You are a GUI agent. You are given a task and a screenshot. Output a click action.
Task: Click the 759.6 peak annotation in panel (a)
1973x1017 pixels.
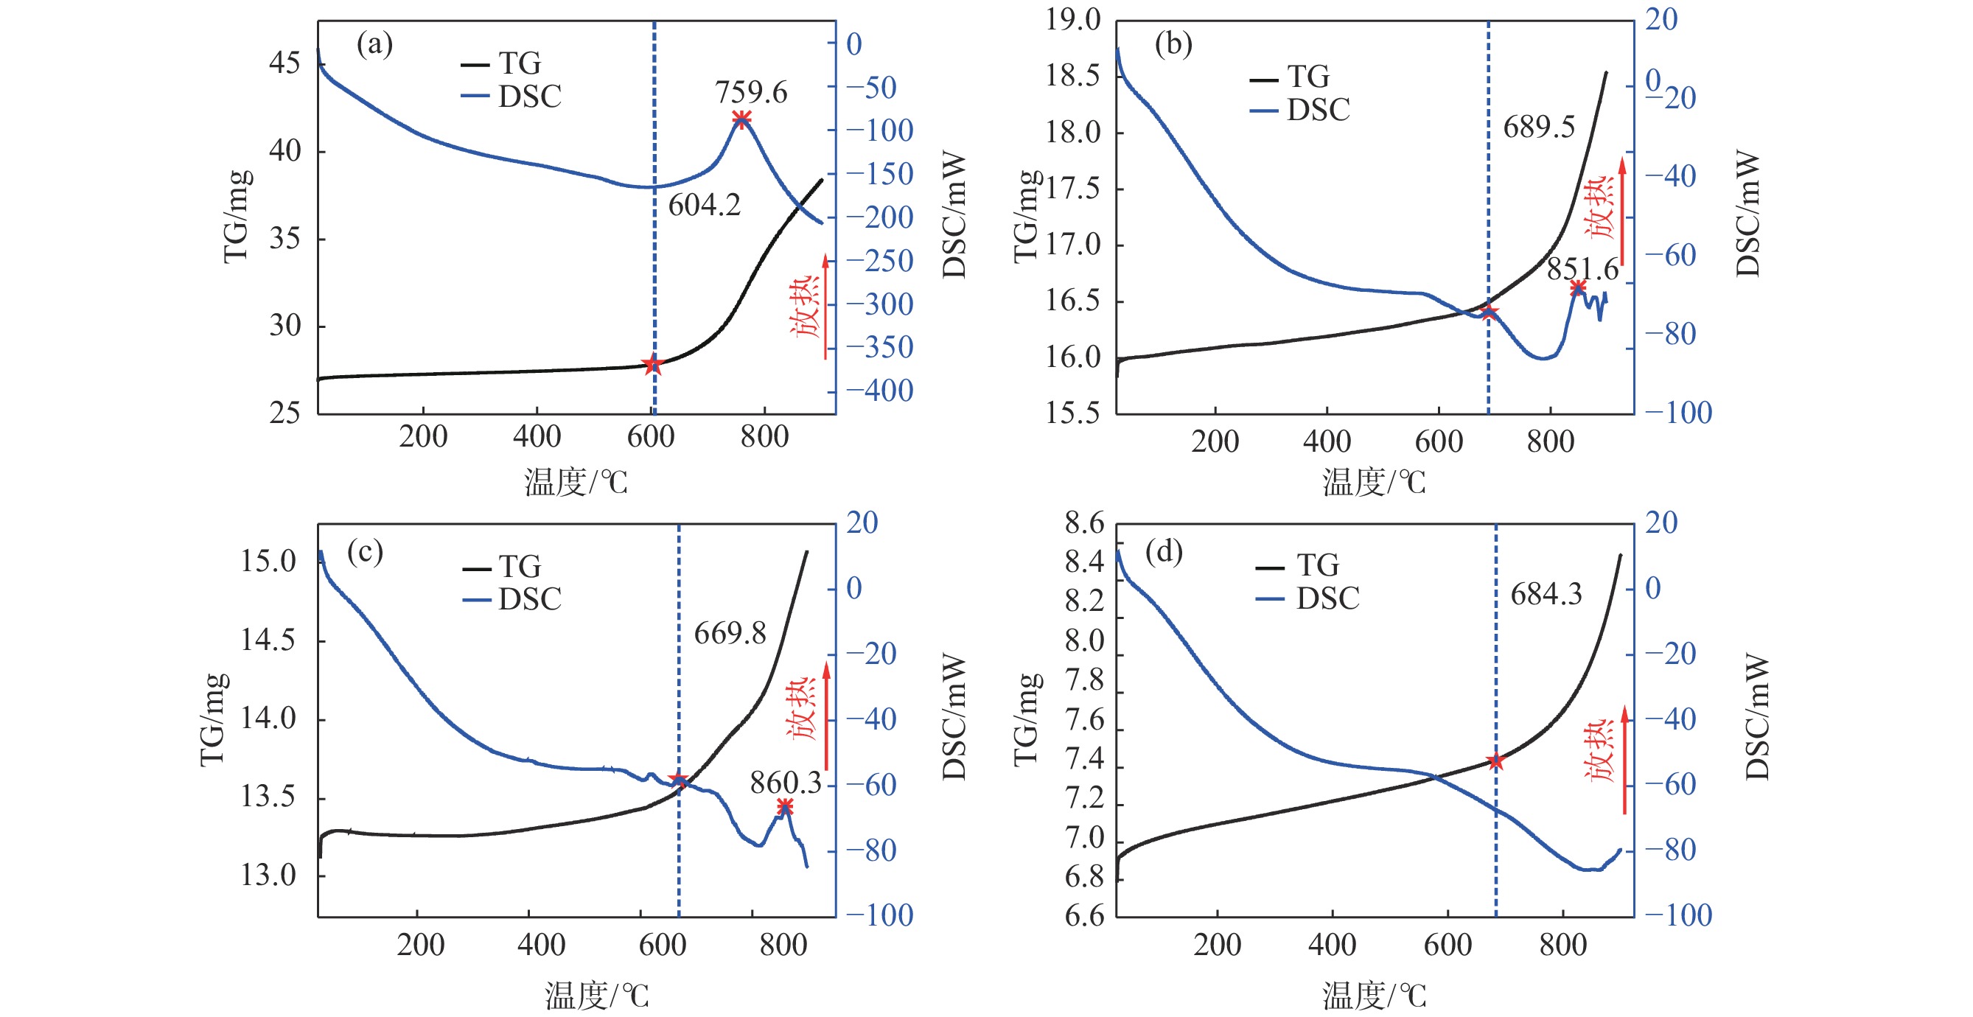750,93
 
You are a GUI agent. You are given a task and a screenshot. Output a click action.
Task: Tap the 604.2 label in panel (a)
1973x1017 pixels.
704,205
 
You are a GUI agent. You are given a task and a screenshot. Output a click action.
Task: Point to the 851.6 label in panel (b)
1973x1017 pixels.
1582,269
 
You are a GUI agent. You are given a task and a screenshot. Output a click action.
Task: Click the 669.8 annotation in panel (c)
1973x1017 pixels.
729,633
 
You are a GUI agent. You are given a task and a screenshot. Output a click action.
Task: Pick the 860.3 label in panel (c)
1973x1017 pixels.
785,783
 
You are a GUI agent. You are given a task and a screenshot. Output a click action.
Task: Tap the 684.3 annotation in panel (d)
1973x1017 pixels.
1546,594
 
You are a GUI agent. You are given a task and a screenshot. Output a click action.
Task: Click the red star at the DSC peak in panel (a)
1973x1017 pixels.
741,119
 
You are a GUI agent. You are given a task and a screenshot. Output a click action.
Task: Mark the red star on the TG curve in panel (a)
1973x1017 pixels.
652,365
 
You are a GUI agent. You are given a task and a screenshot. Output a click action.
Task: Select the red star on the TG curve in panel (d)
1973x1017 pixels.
1495,762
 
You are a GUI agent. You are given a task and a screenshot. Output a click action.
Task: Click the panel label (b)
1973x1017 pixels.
1173,44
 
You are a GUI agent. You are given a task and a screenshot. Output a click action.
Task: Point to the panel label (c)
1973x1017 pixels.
365,551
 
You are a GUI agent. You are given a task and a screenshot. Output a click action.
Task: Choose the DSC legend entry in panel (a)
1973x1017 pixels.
511,97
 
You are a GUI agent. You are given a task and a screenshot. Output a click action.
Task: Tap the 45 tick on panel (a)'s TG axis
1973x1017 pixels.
284,63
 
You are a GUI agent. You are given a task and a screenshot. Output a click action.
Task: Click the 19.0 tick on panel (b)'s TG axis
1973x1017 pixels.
1072,20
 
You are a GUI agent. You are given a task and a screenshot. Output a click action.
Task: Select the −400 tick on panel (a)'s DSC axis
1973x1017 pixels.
879,391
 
